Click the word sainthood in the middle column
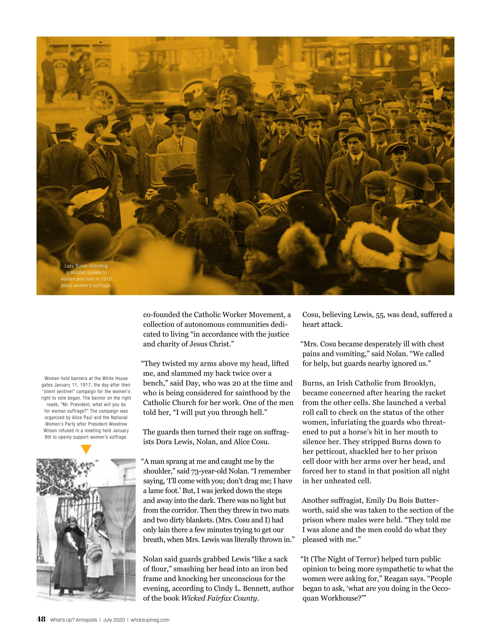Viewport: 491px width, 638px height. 252,393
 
